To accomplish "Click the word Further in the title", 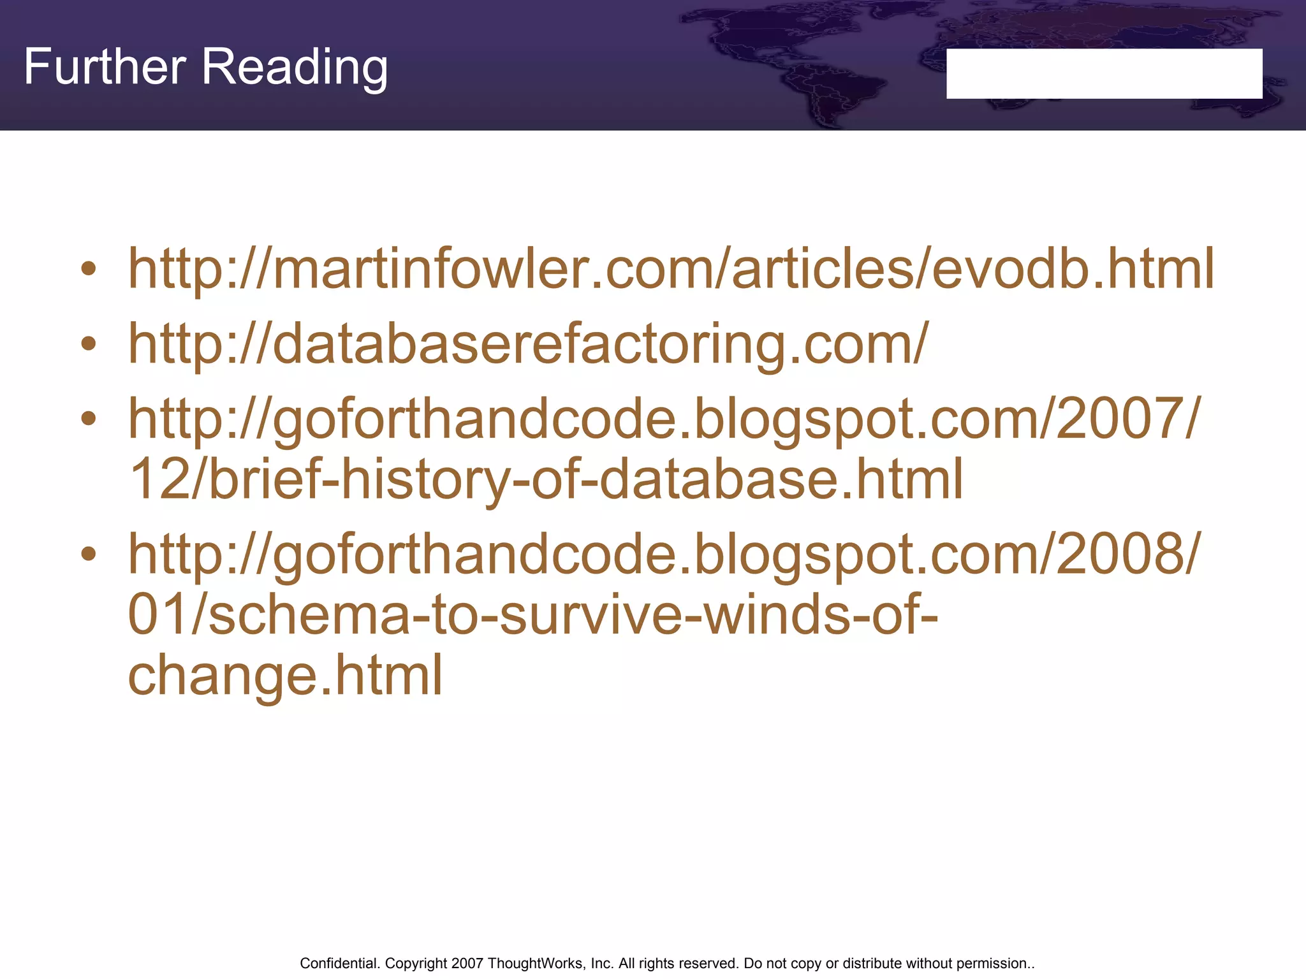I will tap(105, 67).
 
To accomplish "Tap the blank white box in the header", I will tap(1104, 73).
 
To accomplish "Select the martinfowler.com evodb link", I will tap(671, 269).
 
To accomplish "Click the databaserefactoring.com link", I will tap(528, 344).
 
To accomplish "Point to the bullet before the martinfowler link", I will tap(89, 269).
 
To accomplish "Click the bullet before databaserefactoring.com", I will tap(89, 344).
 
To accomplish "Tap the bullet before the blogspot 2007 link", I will tap(89, 419).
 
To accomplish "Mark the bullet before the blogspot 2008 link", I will tap(89, 554).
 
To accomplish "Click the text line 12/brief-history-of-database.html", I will tap(546, 479).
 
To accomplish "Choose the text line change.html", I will tap(285, 675).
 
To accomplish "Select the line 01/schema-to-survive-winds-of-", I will tap(533, 614).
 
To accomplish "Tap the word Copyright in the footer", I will tap(416, 963).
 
